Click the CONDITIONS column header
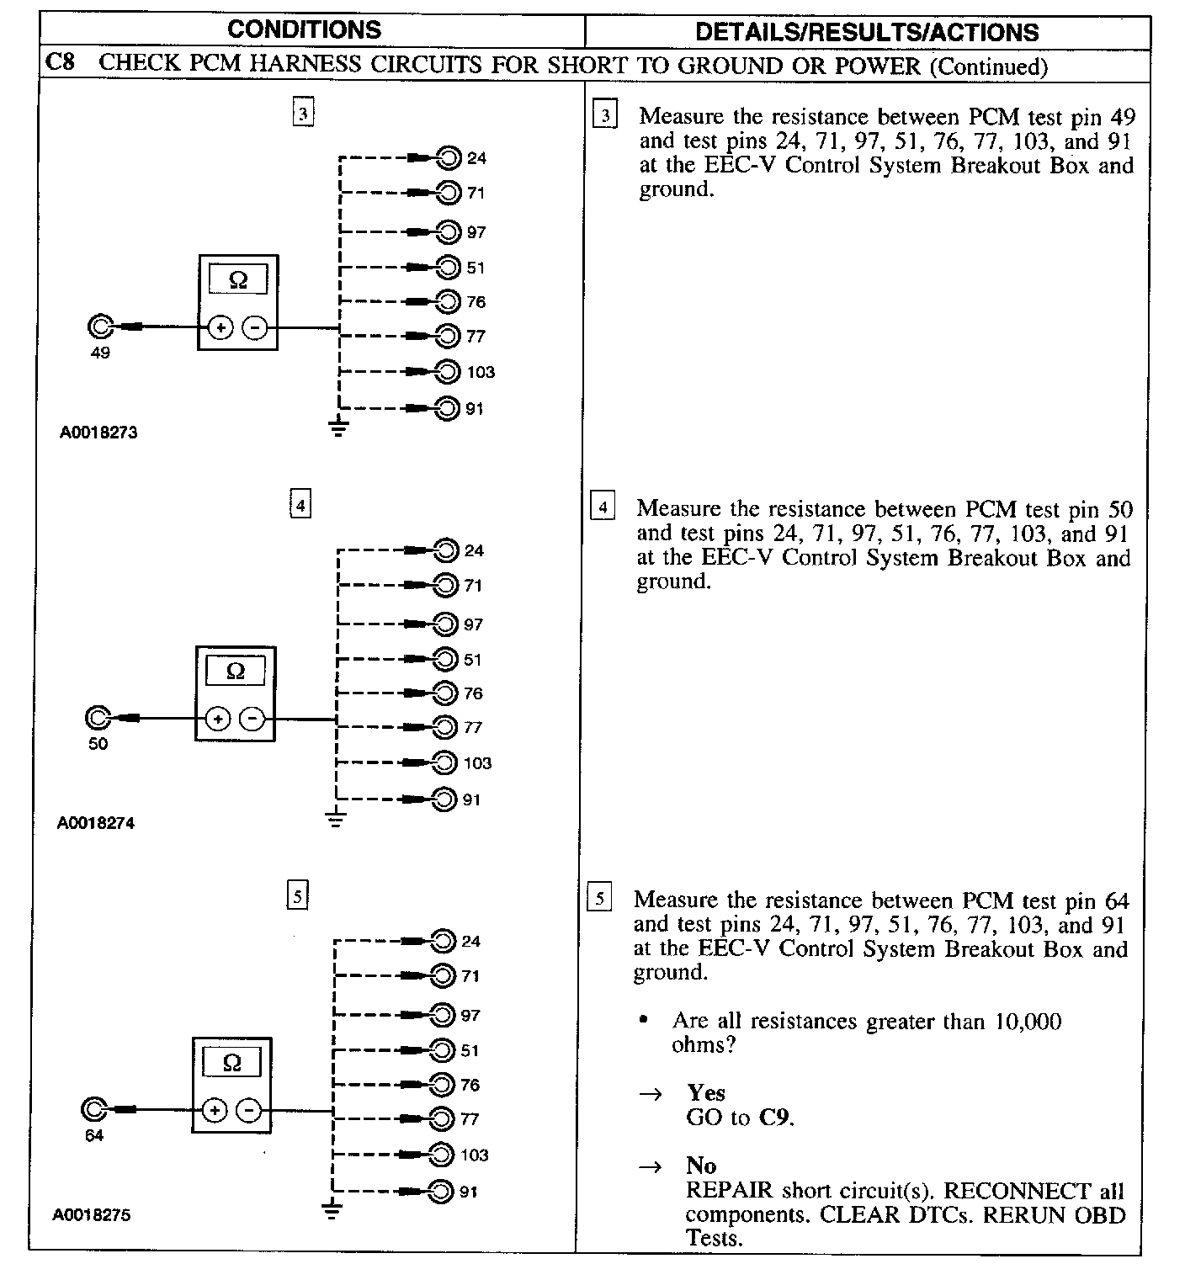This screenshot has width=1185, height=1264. pyautogui.click(x=304, y=30)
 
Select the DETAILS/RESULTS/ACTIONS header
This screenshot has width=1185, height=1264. pyautogui.click(x=867, y=32)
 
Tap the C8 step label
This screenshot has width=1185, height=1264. pyautogui.click(x=61, y=64)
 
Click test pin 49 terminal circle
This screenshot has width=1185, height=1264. pyautogui.click(x=99, y=327)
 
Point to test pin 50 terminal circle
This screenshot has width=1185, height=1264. pyautogui.click(x=97, y=718)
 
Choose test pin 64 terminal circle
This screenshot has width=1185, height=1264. pyautogui.click(x=93, y=1110)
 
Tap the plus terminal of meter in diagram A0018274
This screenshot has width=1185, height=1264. pyautogui.click(x=217, y=719)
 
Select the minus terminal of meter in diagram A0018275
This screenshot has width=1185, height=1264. pyautogui.click(x=248, y=1111)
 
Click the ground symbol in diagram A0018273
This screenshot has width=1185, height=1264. pyautogui.click(x=337, y=428)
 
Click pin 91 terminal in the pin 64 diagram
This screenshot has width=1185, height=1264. pyautogui.click(x=442, y=1191)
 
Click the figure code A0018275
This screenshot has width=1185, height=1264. pyautogui.click(x=92, y=1215)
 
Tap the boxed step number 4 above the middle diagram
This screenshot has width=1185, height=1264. pyautogui.click(x=300, y=505)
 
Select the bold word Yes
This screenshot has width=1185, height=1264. pyautogui.click(x=705, y=1092)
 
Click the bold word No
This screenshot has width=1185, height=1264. pyautogui.click(x=701, y=1166)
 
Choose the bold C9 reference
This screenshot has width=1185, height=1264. pyautogui.click(x=774, y=1118)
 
